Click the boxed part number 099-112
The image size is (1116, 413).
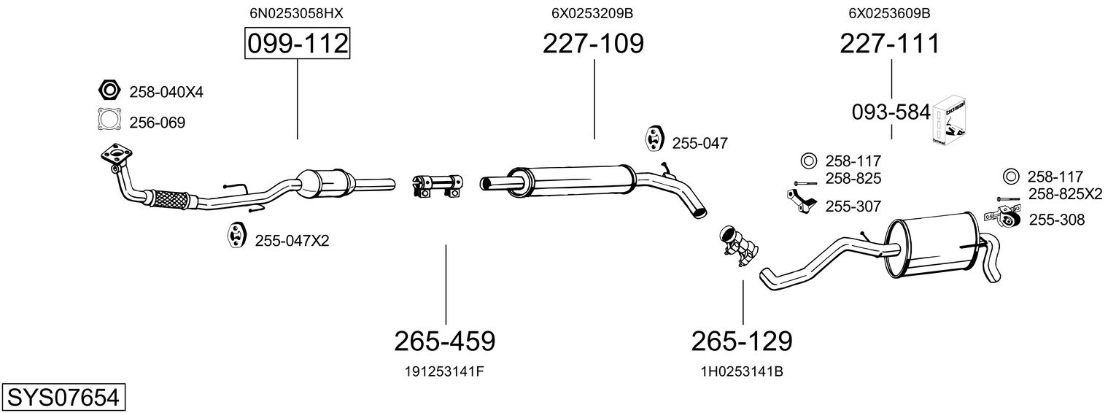pyautogui.click(x=297, y=44)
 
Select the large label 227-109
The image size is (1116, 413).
pyautogui.click(x=593, y=44)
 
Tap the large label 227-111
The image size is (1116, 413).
pyautogui.click(x=890, y=44)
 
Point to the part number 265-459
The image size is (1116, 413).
pyautogui.click(x=445, y=341)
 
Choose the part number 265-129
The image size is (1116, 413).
pyautogui.click(x=742, y=341)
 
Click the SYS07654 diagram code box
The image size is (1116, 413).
pyautogui.click(x=63, y=398)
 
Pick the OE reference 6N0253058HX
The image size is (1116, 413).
pyautogui.click(x=296, y=13)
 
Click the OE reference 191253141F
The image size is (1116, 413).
pyautogui.click(x=444, y=371)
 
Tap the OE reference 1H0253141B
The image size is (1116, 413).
pyautogui.click(x=742, y=371)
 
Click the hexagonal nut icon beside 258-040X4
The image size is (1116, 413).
pyautogui.click(x=109, y=90)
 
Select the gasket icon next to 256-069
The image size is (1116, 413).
pyautogui.click(x=109, y=120)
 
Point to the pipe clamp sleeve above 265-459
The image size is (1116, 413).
pyautogui.click(x=436, y=185)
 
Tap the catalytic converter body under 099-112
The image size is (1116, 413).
pyautogui.click(x=325, y=181)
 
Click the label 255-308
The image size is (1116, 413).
pyautogui.click(x=1055, y=220)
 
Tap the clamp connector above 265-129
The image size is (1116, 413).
pyautogui.click(x=739, y=244)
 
